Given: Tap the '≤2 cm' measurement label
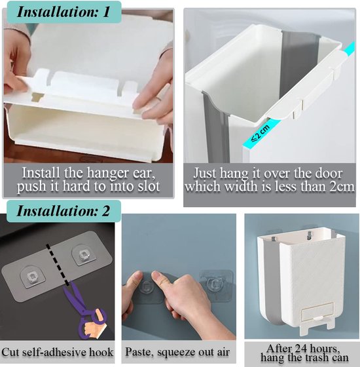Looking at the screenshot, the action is click(x=261, y=134).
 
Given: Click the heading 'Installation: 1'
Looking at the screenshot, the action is click(x=63, y=12).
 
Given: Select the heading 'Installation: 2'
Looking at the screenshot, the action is click(x=63, y=210).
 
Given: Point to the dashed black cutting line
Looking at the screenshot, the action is click(x=58, y=265).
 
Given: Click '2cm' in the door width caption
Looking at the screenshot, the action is click(x=342, y=187).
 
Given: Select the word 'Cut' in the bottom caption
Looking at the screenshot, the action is click(x=9, y=353).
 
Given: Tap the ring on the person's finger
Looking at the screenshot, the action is click(x=158, y=98).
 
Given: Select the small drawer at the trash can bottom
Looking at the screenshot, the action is click(x=317, y=311).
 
